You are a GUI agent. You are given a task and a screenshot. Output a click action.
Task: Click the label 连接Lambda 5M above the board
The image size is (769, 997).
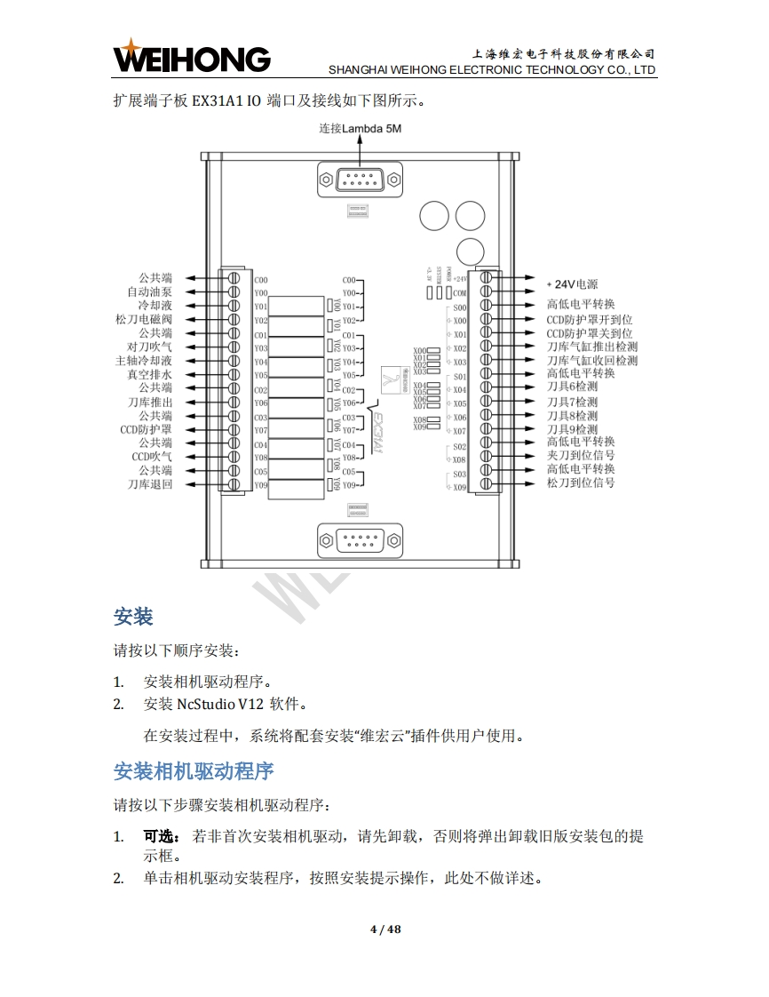361,128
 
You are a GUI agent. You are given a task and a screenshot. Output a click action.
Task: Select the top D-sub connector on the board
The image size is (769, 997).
360,181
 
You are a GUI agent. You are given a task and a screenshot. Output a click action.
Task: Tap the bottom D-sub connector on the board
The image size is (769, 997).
360,540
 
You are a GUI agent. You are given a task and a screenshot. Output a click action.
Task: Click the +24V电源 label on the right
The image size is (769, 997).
572,284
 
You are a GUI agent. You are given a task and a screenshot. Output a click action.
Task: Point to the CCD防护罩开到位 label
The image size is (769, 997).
589,319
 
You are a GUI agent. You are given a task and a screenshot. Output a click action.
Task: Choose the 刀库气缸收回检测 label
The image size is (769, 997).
591,361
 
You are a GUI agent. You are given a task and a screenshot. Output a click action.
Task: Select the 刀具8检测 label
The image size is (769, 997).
572,416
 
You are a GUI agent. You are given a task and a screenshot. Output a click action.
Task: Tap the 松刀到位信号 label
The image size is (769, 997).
581,483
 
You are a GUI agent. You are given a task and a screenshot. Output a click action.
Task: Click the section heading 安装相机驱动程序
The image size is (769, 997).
194,771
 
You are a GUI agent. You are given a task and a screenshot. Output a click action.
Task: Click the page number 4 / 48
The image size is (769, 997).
385,929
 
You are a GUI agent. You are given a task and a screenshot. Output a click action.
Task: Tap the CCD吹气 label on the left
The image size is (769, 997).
152,457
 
